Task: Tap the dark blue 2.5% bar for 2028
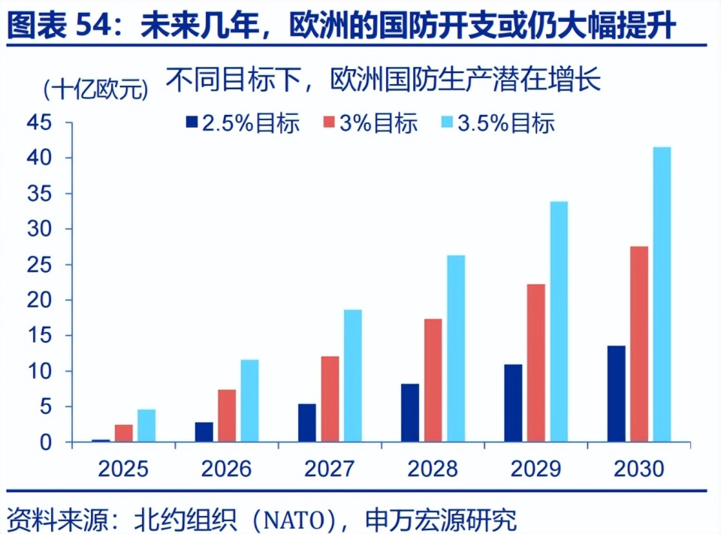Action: (x=410, y=412)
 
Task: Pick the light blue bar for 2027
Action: (x=352, y=376)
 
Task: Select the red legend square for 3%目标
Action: (x=328, y=123)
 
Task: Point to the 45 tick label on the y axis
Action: (x=41, y=122)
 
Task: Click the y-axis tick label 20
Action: (x=41, y=300)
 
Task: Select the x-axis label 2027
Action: (x=330, y=470)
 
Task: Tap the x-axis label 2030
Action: (x=639, y=470)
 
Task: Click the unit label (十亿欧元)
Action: (x=96, y=90)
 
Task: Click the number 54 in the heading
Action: (x=93, y=29)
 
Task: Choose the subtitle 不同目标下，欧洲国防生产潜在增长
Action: (x=384, y=80)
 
